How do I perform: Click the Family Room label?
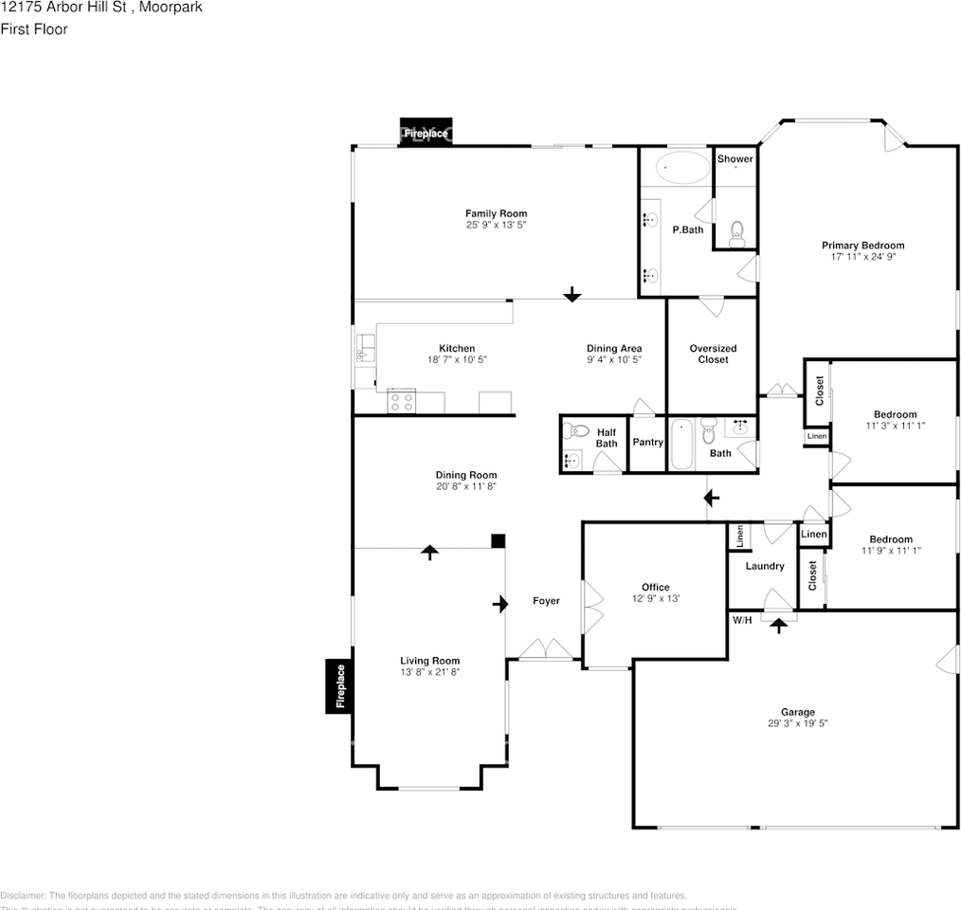[495, 213]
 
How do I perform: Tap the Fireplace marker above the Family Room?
[425, 134]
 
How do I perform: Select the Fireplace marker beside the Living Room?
[340, 686]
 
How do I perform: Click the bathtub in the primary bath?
[682, 168]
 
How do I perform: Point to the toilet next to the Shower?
[736, 232]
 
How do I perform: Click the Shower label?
[734, 159]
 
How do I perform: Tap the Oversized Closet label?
[713, 354]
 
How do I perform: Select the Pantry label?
[647, 443]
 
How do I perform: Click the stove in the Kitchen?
[402, 402]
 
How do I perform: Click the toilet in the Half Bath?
[573, 431]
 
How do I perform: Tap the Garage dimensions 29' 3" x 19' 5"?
[797, 723]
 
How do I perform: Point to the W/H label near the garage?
[741, 620]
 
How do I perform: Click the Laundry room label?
[764, 566]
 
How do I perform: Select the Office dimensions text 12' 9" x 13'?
[655, 598]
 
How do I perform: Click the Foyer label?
[546, 601]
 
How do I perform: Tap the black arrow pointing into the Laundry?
[779, 625]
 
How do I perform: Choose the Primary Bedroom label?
[862, 246]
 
